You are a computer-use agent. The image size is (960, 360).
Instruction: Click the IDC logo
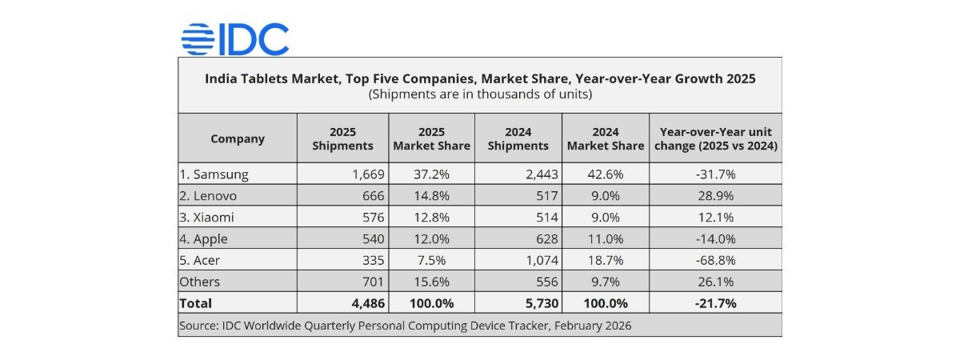tap(234, 38)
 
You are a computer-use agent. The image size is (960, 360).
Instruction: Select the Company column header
tap(238, 138)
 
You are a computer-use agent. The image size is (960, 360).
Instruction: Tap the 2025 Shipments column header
tap(342, 138)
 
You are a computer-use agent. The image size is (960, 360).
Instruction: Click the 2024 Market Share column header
tap(606, 138)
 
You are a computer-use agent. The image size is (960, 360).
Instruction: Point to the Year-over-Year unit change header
tap(716, 138)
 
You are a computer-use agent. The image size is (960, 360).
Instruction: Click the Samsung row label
tap(215, 174)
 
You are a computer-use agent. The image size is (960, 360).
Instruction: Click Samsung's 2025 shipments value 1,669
tap(368, 174)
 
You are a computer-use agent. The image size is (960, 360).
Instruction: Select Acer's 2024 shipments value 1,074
tap(542, 260)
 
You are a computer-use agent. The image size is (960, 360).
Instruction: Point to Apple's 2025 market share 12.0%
tap(431, 238)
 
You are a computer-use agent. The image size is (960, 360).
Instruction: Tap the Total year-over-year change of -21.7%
tap(716, 303)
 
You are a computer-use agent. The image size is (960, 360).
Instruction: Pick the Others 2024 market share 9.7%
tap(606, 282)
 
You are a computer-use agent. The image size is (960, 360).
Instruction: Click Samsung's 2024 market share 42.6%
tap(606, 174)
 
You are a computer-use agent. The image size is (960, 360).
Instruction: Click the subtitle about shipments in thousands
tap(480, 94)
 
